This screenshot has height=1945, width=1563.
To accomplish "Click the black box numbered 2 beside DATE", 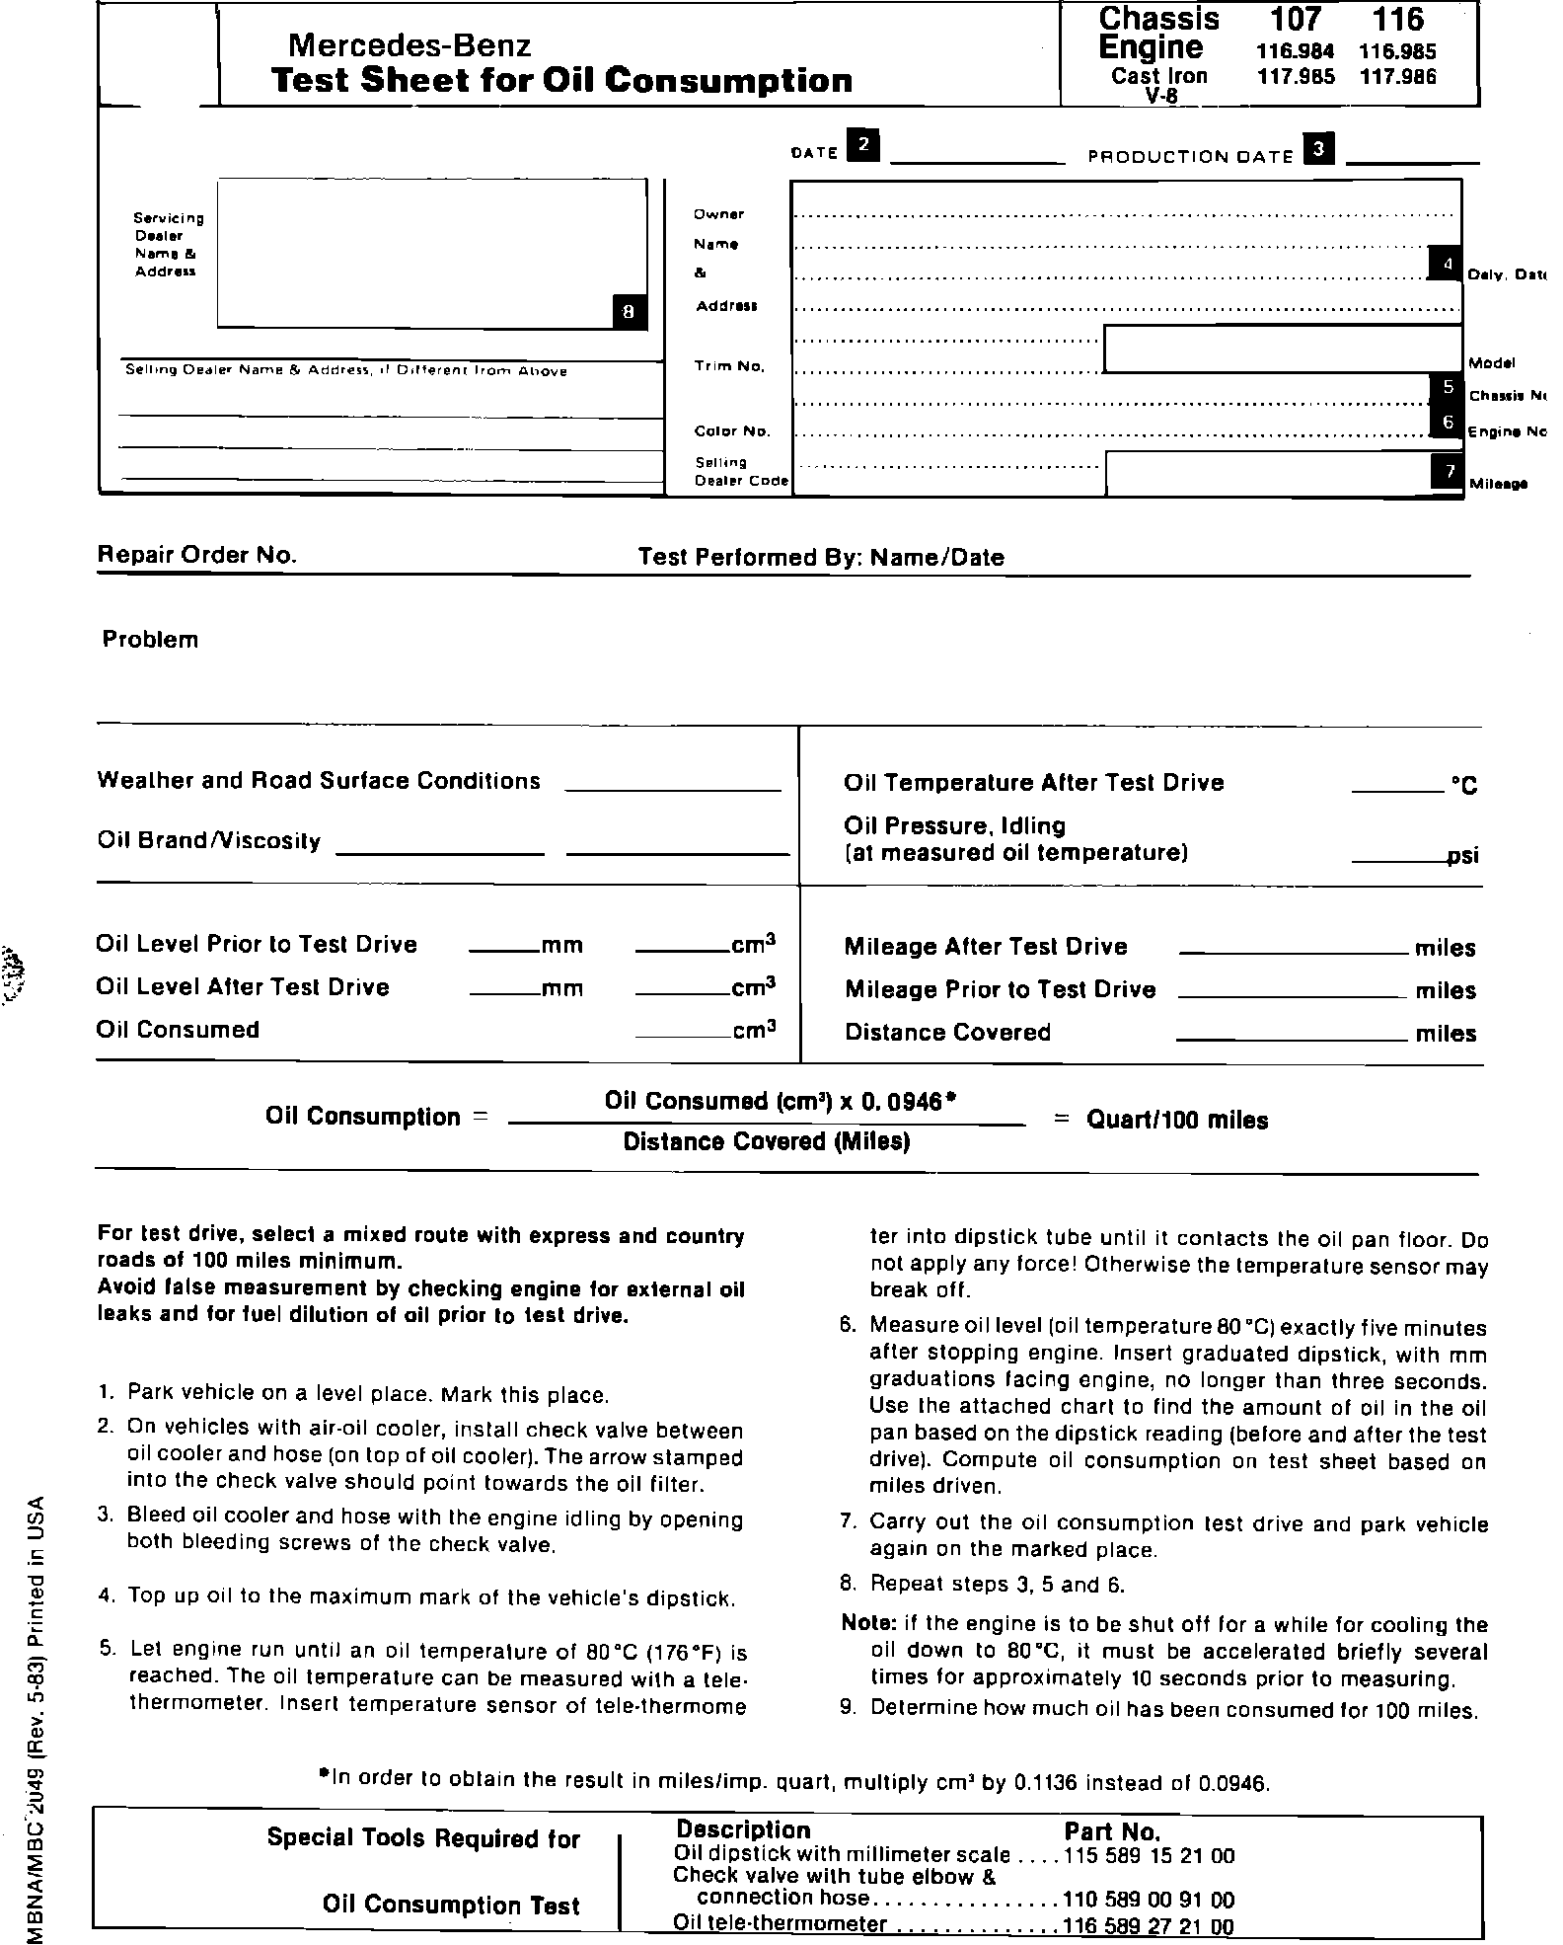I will coord(864,145).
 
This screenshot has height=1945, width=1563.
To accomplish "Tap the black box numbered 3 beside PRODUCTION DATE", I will coord(1319,148).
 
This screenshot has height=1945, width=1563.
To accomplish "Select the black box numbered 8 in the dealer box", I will coord(630,312).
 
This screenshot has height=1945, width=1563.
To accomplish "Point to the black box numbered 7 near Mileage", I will coord(1447,471).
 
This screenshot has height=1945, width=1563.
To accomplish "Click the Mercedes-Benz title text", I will coord(409,45).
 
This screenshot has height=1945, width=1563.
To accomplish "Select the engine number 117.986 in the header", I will coord(1397,76).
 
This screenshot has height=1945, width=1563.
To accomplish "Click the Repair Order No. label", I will coord(196,555).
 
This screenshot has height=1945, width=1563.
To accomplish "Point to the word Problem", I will coord(150,640).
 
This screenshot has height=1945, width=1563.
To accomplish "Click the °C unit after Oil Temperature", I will coord(1463,786).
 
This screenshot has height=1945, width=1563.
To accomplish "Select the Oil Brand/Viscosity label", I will coord(208,841).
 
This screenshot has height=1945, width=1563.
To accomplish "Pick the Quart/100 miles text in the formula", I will coord(1176,1121).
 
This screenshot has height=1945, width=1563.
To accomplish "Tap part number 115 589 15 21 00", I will coord(1150,1856).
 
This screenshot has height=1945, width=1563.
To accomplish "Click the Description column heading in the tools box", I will coord(743,1830).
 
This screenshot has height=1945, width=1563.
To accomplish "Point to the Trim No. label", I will coord(729,366).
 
